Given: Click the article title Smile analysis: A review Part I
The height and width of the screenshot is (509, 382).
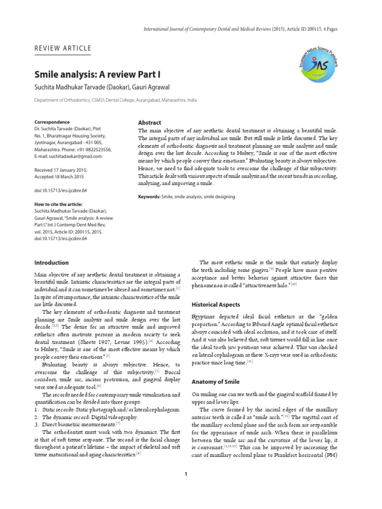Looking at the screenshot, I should click(97, 75).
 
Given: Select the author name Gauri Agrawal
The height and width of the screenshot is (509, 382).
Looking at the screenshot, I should click(155, 87).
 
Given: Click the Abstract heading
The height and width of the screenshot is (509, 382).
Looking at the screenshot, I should click(149, 122).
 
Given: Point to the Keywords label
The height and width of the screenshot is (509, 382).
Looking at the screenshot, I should click(149, 197).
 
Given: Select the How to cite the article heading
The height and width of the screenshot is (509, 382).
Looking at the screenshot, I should click(58, 204).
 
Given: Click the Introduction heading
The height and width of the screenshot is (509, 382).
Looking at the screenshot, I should click(52, 262).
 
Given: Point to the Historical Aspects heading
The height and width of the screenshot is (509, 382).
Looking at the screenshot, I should click(216, 304).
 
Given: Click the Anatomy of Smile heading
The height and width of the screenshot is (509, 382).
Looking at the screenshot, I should click(215, 382).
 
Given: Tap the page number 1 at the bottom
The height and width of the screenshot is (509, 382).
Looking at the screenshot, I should click(186, 474).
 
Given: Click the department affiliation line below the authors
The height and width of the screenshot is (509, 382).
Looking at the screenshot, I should click(115, 100).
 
